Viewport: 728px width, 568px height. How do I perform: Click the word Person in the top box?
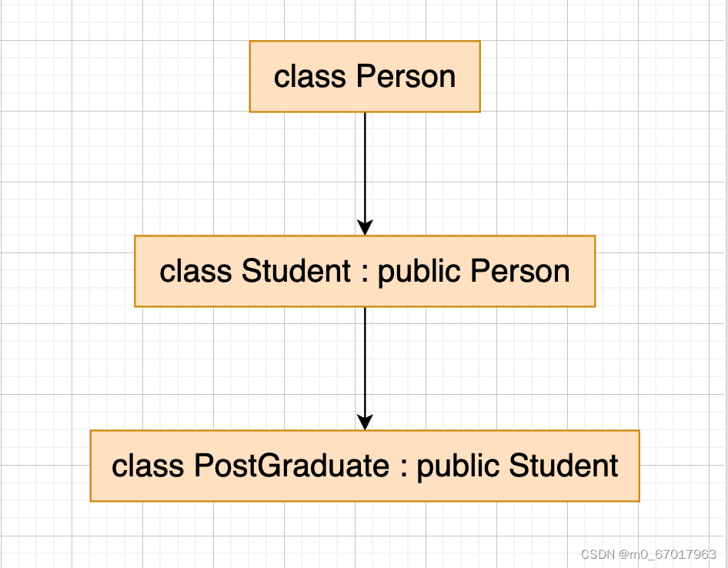coord(406,77)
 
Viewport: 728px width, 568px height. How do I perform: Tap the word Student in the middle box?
coord(296,272)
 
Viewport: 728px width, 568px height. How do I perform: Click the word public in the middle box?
coord(419,272)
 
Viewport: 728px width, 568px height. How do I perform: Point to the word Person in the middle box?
coord(520,272)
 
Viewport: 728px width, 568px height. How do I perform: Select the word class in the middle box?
coord(195,272)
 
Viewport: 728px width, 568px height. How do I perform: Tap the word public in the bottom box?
coord(457,466)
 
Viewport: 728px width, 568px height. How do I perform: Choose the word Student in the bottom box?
coord(563,466)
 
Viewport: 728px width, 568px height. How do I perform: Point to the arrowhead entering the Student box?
coord(365,227)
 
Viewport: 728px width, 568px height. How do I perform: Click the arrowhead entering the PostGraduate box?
coord(365,422)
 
